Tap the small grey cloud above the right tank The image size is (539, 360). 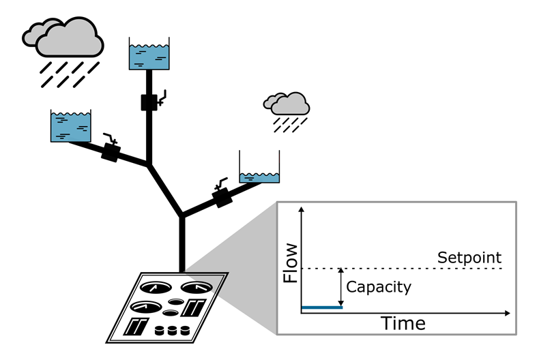coord(287,103)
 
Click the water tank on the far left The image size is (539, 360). coord(70,125)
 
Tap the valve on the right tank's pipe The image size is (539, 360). coord(222,198)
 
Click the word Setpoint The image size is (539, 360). coord(469,258)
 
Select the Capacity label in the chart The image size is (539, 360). coord(379,286)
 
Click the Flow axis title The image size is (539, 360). coord(289,262)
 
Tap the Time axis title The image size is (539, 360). coord(403,322)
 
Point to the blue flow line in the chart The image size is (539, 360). coord(321,307)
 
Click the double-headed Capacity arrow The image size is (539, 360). coord(340,287)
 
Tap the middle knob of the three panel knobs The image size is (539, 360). coord(171,331)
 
